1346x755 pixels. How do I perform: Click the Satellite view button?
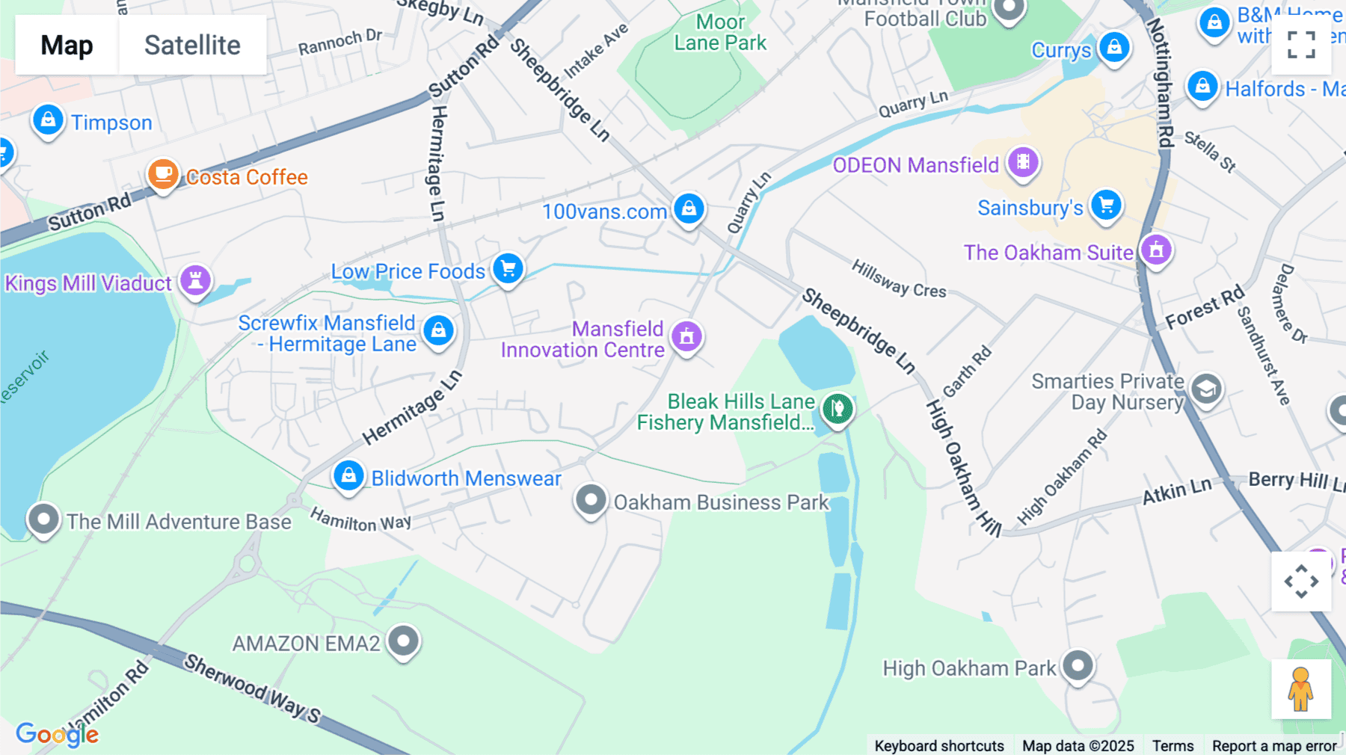pyautogui.click(x=192, y=45)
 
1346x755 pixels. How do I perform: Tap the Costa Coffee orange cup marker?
pyautogui.click(x=162, y=175)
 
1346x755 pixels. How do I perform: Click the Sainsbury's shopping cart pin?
pyautogui.click(x=1106, y=206)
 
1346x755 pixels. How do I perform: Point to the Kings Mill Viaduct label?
pyautogui.click(x=88, y=283)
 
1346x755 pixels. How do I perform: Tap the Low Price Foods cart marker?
pyautogui.click(x=508, y=269)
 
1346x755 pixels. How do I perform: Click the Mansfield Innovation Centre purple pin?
pyautogui.click(x=686, y=337)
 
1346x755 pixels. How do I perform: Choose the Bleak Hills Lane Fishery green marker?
pyautogui.click(x=838, y=409)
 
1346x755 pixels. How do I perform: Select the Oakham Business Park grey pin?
pyautogui.click(x=590, y=500)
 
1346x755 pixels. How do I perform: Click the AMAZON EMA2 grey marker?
pyautogui.click(x=404, y=641)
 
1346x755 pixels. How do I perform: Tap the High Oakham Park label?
pyautogui.click(x=969, y=668)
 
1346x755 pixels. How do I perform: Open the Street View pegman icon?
pyautogui.click(x=1300, y=689)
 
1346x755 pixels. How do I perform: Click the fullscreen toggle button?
pyautogui.click(x=1301, y=45)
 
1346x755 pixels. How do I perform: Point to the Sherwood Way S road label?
pyautogui.click(x=252, y=688)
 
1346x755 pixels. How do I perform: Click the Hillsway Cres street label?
pyautogui.click(x=899, y=279)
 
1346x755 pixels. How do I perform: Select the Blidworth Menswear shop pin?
pyautogui.click(x=348, y=476)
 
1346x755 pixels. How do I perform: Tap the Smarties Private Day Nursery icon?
pyautogui.click(x=1205, y=389)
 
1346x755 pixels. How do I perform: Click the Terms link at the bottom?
pyautogui.click(x=1173, y=745)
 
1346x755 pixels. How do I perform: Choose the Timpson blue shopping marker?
pyautogui.click(x=48, y=120)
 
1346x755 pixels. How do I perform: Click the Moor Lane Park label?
pyautogui.click(x=719, y=33)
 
